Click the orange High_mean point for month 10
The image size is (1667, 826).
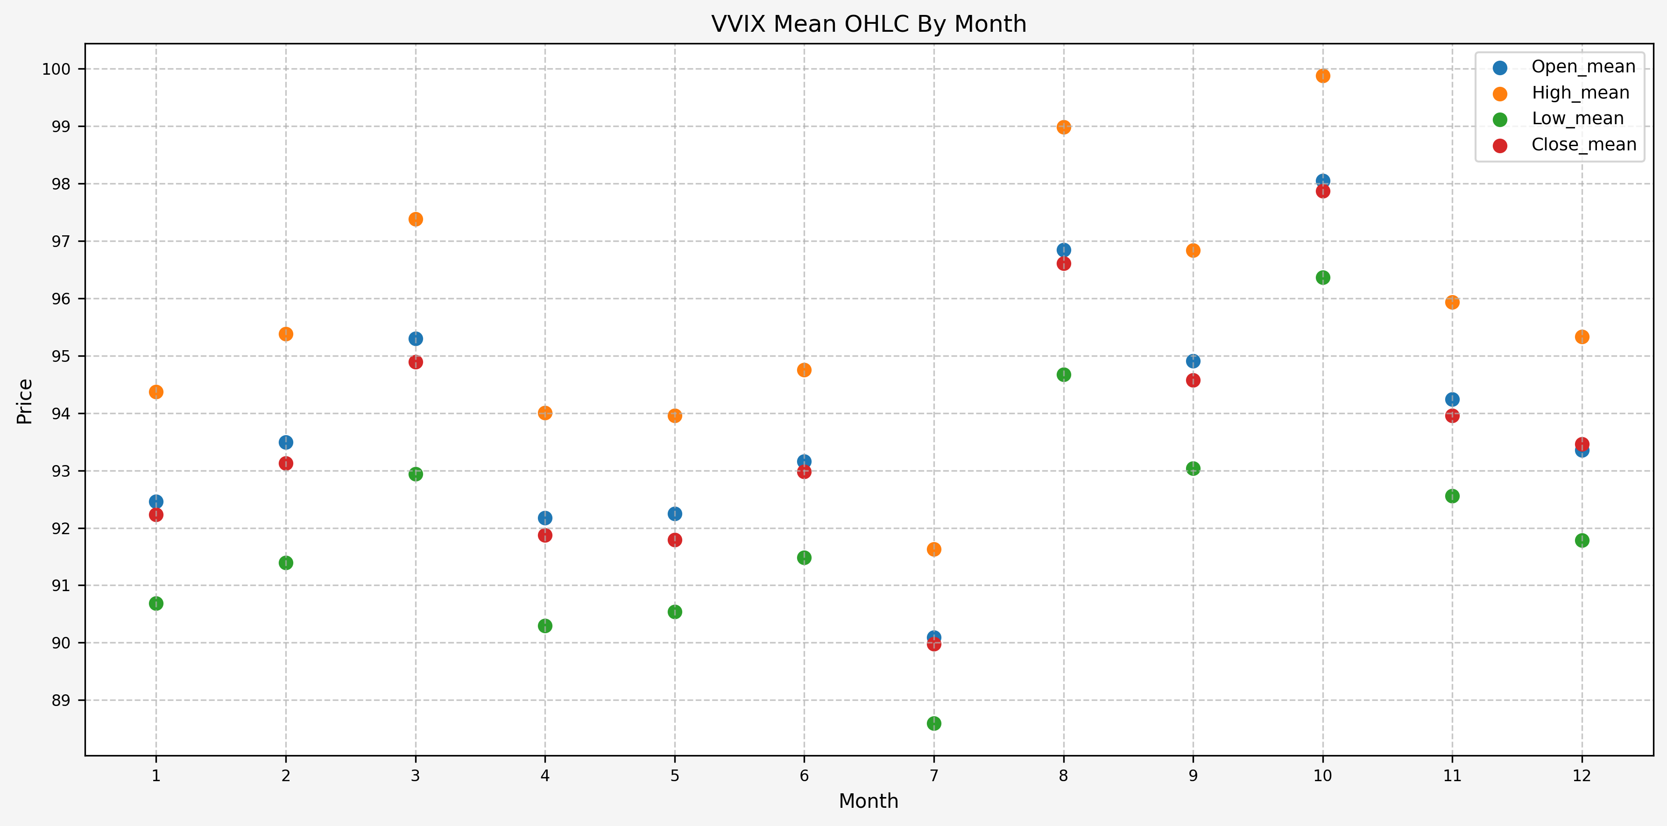tap(1323, 76)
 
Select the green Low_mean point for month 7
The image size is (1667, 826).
tap(934, 723)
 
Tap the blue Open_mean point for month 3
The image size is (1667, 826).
tap(416, 339)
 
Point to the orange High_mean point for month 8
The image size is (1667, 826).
tap(1064, 127)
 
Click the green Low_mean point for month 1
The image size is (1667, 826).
tap(156, 603)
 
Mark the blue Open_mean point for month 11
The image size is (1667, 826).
tap(1452, 399)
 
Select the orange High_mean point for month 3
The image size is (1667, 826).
tap(416, 219)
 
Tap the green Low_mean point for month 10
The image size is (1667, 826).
tap(1323, 277)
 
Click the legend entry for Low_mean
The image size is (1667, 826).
tap(1577, 119)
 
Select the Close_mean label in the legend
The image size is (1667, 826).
tap(1583, 144)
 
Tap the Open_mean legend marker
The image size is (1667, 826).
tap(1499, 67)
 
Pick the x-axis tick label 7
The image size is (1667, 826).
tap(934, 776)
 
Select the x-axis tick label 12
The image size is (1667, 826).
tap(1582, 776)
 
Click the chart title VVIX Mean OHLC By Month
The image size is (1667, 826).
tap(869, 24)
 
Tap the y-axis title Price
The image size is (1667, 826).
tap(25, 402)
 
